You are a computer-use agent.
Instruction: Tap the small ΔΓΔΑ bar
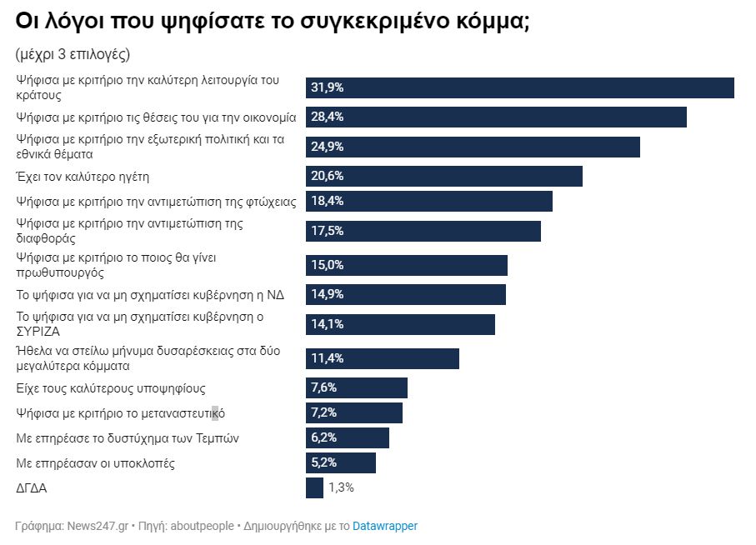click(x=314, y=487)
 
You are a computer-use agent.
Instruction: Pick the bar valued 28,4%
click(x=496, y=117)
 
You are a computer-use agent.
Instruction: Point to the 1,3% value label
click(x=341, y=487)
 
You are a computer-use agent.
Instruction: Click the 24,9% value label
click(x=328, y=147)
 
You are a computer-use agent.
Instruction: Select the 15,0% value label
click(x=328, y=265)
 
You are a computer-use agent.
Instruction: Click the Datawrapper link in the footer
click(x=385, y=526)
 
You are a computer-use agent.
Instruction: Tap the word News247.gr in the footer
click(x=98, y=526)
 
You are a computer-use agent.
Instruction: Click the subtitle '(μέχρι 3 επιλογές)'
click(x=73, y=54)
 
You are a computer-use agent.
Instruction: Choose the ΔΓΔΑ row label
click(x=32, y=488)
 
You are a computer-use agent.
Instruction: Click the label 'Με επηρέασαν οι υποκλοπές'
click(x=96, y=462)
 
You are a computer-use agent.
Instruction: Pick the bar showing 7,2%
click(x=354, y=412)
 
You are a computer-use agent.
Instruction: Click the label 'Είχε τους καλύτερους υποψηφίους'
click(x=111, y=388)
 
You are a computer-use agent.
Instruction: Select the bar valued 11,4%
click(x=383, y=358)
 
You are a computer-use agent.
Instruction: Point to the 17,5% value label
click(x=328, y=231)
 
